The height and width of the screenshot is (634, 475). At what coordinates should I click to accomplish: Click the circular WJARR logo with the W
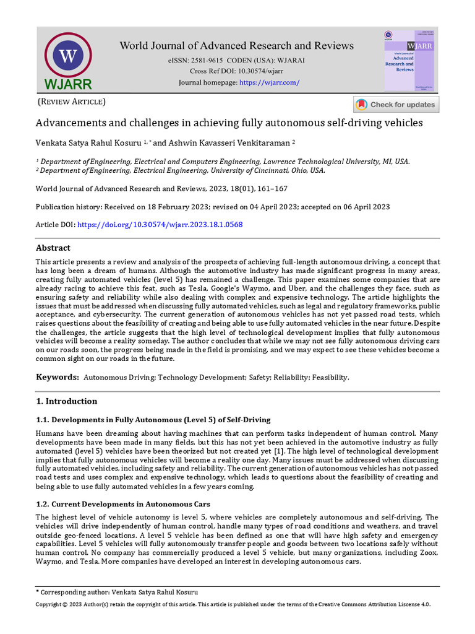(x=68, y=57)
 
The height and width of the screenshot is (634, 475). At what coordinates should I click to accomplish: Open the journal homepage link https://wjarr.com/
(x=269, y=82)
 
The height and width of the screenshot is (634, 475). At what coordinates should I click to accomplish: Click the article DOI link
(x=160, y=224)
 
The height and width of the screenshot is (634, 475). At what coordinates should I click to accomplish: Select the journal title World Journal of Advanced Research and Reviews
(x=236, y=45)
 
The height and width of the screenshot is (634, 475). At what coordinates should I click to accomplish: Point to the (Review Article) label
(x=72, y=102)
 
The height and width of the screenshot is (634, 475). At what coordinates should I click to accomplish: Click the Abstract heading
(x=53, y=248)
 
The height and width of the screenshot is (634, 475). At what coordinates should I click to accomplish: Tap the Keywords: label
(x=57, y=377)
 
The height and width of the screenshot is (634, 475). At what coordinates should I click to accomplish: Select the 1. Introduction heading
(x=66, y=401)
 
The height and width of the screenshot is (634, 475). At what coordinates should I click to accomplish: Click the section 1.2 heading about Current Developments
(x=122, y=503)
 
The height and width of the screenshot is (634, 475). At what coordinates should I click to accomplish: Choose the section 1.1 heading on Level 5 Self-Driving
(x=153, y=420)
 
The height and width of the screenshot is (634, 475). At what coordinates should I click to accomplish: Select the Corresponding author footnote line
(x=118, y=592)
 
